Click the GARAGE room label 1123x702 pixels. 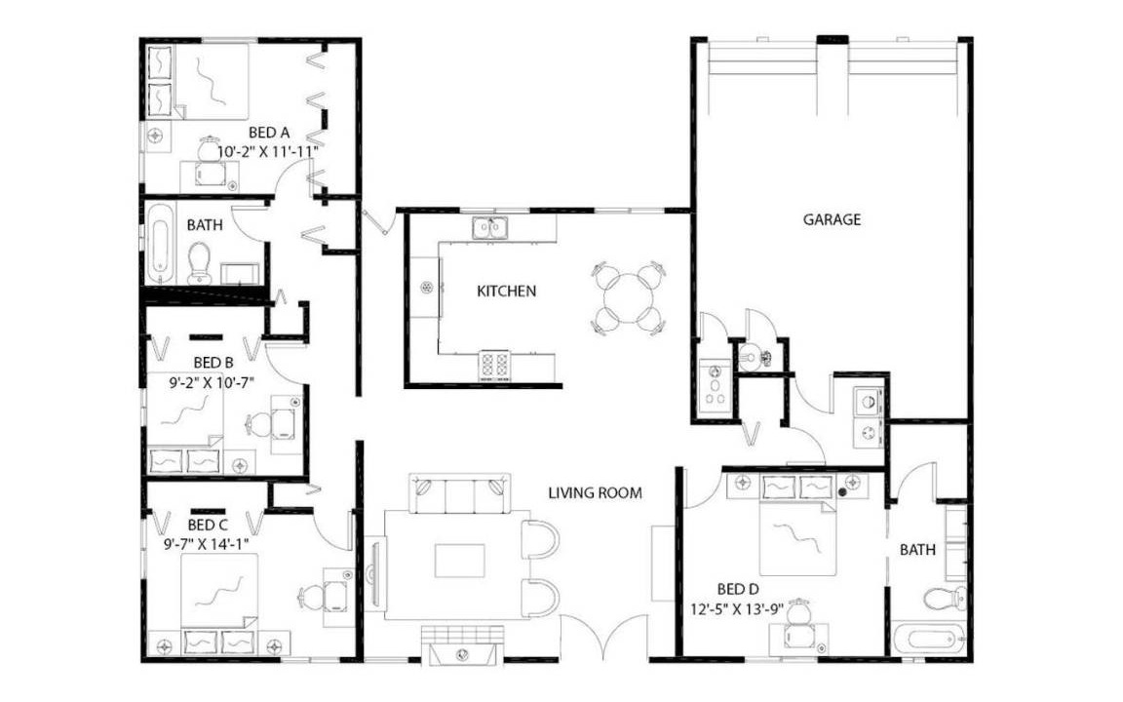(832, 219)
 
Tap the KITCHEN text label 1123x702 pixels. (506, 291)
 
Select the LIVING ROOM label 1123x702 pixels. (596, 492)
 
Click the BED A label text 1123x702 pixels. (269, 133)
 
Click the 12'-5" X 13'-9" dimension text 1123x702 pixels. (737, 610)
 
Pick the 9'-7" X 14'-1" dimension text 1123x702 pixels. (207, 544)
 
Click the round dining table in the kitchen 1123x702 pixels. (630, 297)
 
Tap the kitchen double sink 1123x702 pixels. (490, 228)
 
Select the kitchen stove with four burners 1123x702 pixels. (494, 366)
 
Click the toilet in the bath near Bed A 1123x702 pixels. (199, 263)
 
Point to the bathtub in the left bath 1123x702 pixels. (160, 244)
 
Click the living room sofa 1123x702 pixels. (460, 492)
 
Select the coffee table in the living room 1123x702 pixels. (460, 561)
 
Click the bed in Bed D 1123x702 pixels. (797, 526)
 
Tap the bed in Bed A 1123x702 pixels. (199, 82)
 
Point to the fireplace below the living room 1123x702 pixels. (461, 644)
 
